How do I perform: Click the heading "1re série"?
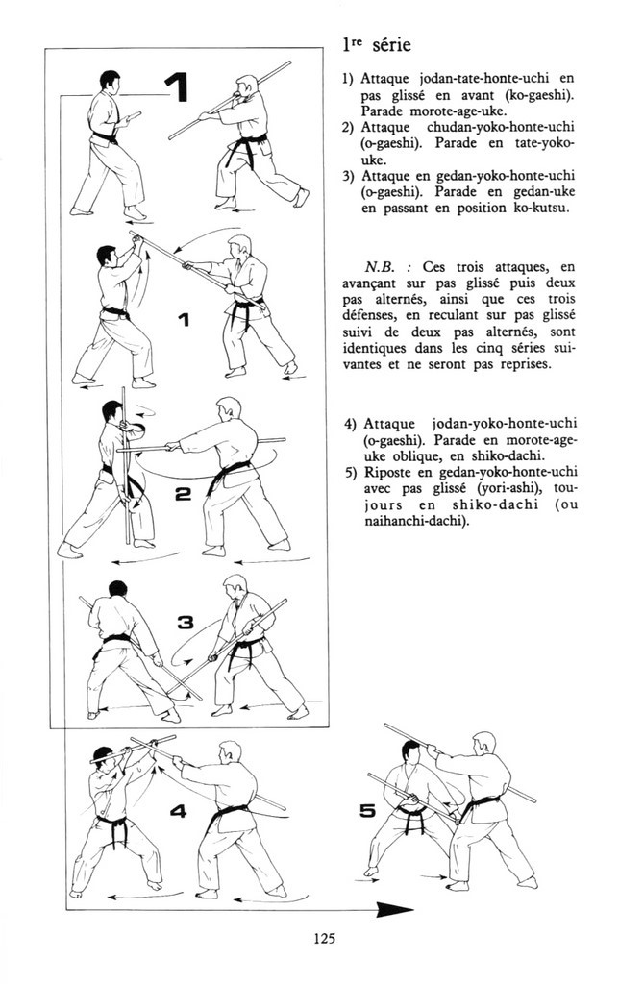coord(377,46)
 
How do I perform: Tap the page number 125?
coord(324,939)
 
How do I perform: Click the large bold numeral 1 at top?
coord(176,87)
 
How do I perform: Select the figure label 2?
coord(183,495)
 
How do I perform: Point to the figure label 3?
coord(186,623)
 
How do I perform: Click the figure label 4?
coord(178,811)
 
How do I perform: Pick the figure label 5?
coord(366,811)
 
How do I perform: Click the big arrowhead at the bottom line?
coord(395,909)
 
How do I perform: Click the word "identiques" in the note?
coord(371,348)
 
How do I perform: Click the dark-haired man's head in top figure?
coord(110,80)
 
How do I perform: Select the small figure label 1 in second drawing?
coord(184,321)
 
